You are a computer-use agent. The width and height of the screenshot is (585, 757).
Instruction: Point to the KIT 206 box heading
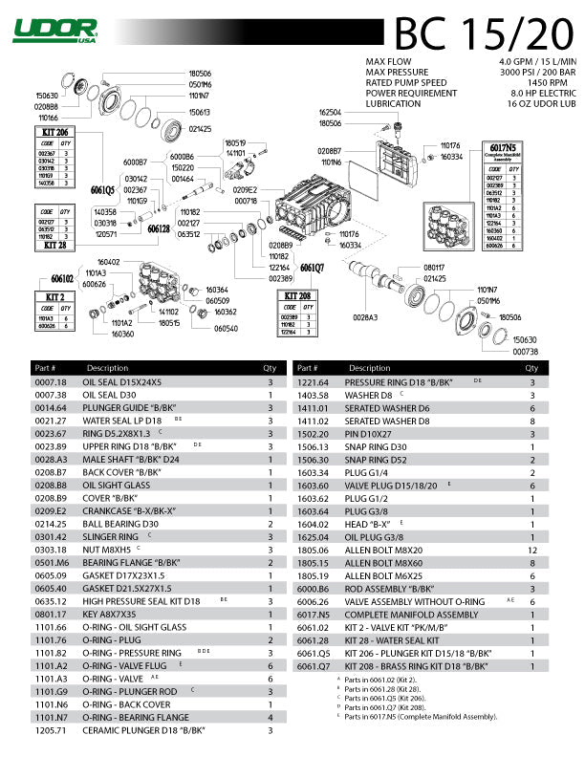tap(56, 131)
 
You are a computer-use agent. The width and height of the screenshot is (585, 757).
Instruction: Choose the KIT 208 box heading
tap(297, 296)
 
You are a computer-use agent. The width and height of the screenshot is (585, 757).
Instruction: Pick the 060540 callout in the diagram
tap(226, 329)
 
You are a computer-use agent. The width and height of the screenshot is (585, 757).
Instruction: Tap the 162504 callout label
tap(330, 113)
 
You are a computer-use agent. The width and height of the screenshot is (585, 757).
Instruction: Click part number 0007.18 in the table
tap(51, 382)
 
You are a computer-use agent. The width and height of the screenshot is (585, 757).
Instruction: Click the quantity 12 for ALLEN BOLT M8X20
tap(532, 552)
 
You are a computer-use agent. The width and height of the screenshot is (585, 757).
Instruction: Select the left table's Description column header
tap(107, 368)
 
